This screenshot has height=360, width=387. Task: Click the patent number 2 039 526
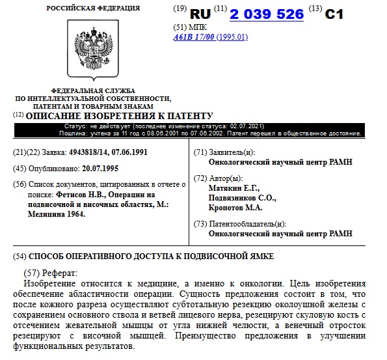[266, 14]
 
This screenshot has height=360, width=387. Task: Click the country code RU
[201, 14]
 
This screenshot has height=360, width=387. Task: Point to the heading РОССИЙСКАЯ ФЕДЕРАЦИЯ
[92, 8]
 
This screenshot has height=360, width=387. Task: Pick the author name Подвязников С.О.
[242, 198]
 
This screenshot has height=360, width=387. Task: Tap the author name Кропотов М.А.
[235, 208]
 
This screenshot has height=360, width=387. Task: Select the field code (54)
[20, 256]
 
